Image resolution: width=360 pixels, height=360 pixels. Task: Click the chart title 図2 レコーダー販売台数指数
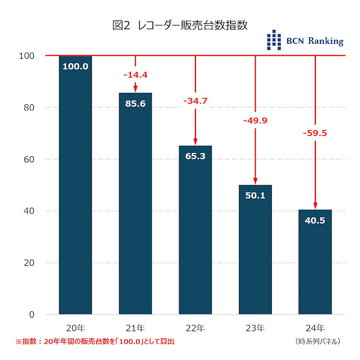click(180, 25)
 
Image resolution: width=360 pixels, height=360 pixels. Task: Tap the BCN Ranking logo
click(305, 41)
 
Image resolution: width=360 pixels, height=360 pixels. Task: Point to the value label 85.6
click(136, 103)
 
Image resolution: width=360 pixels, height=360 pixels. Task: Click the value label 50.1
click(255, 196)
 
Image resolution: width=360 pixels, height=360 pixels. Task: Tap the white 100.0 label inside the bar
click(75, 66)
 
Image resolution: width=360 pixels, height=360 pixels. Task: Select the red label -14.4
click(136, 75)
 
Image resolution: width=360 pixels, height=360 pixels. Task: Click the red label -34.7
click(195, 101)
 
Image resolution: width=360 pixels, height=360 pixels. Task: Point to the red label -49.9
click(255, 121)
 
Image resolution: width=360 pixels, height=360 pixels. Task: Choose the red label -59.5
click(315, 133)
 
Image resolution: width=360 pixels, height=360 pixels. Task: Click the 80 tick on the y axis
click(29, 108)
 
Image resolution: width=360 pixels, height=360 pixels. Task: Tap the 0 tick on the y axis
click(32, 315)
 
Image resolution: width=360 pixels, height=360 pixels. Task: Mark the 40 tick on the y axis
click(29, 211)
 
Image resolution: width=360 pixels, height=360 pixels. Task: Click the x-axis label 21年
click(136, 328)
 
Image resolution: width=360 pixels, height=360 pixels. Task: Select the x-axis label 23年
click(255, 328)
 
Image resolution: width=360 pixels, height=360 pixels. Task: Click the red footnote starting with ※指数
click(95, 341)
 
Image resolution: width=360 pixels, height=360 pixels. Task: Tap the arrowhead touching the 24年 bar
click(315, 206)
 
